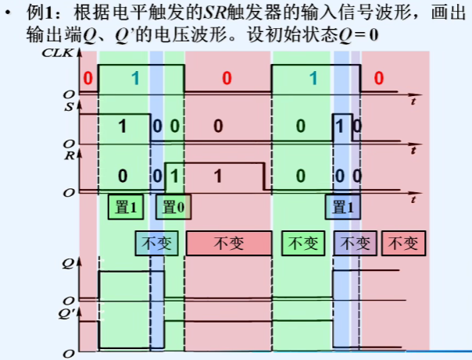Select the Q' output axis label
coord(70,314)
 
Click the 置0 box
coord(176,207)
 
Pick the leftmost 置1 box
coord(126,207)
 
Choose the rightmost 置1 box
coord(345,207)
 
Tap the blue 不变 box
coord(152,244)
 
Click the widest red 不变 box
coord(229,244)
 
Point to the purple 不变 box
coord(356,244)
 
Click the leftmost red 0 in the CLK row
coord(88,78)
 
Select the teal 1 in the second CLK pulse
coord(313,78)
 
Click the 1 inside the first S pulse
coord(123,126)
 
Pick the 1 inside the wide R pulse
coord(218,174)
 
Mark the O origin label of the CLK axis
coord(70,94)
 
